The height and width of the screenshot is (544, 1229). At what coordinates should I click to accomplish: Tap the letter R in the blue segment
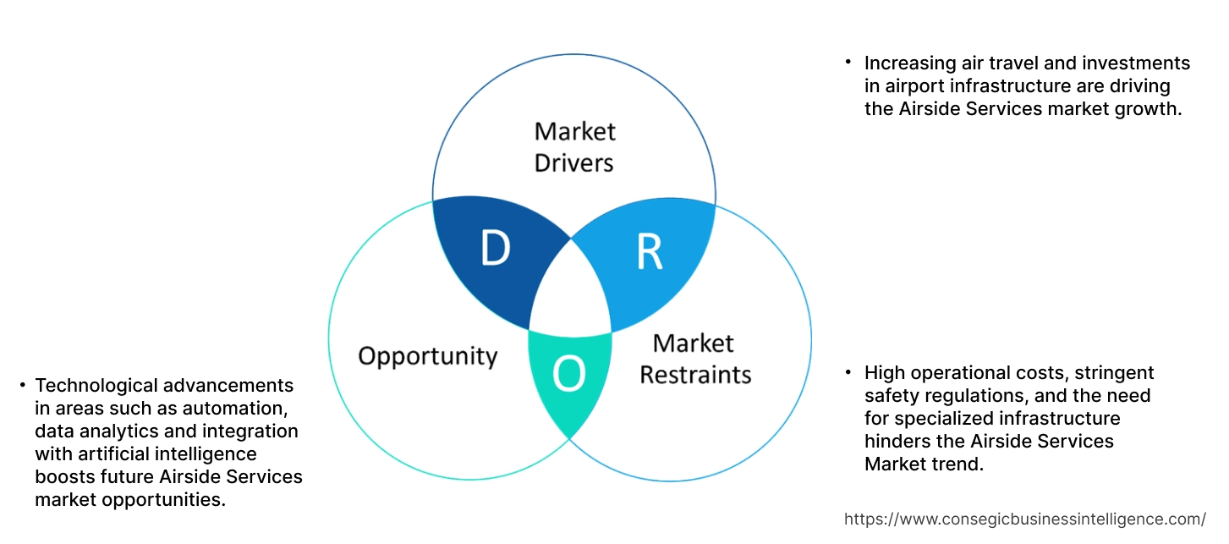pyautogui.click(x=649, y=251)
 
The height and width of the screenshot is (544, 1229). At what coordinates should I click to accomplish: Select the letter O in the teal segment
pyautogui.click(x=568, y=375)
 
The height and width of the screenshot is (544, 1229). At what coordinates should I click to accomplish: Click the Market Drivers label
pyautogui.click(x=574, y=146)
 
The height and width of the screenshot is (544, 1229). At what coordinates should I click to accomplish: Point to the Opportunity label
pyautogui.click(x=427, y=355)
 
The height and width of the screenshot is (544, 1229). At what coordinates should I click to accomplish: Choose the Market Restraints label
pyautogui.click(x=694, y=358)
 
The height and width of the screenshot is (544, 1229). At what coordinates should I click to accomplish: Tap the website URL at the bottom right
pyautogui.click(x=1025, y=519)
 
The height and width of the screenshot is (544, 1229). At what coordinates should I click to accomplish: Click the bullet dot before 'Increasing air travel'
pyautogui.click(x=848, y=63)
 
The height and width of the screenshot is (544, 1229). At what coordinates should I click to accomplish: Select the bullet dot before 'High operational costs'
pyautogui.click(x=848, y=372)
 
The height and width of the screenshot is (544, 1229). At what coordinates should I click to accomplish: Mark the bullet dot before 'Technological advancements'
pyautogui.click(x=22, y=386)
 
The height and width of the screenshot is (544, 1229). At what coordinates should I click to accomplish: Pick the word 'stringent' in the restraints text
pyautogui.click(x=1111, y=372)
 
